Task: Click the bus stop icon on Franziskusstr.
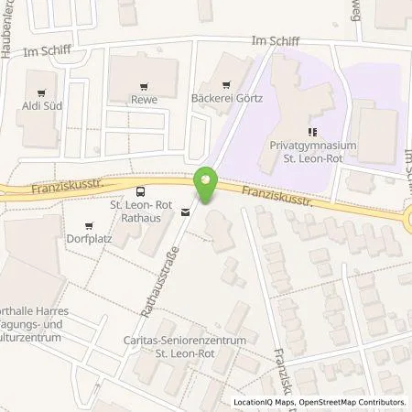[x=140, y=191]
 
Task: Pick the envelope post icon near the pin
[x=186, y=212]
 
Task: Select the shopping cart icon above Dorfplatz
[x=89, y=226]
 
